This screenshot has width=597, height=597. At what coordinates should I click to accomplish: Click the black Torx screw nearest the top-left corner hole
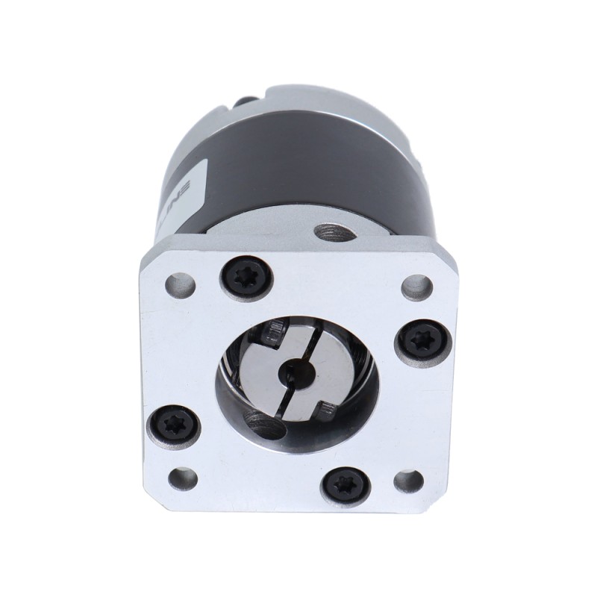tap(246, 281)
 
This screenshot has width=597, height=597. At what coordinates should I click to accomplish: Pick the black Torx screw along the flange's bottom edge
tap(346, 487)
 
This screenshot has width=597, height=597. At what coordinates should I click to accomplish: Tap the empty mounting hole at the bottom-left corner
tap(183, 478)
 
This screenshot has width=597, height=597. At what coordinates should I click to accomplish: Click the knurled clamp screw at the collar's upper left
tap(274, 328)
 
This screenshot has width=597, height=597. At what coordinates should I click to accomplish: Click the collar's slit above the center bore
tap(308, 340)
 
